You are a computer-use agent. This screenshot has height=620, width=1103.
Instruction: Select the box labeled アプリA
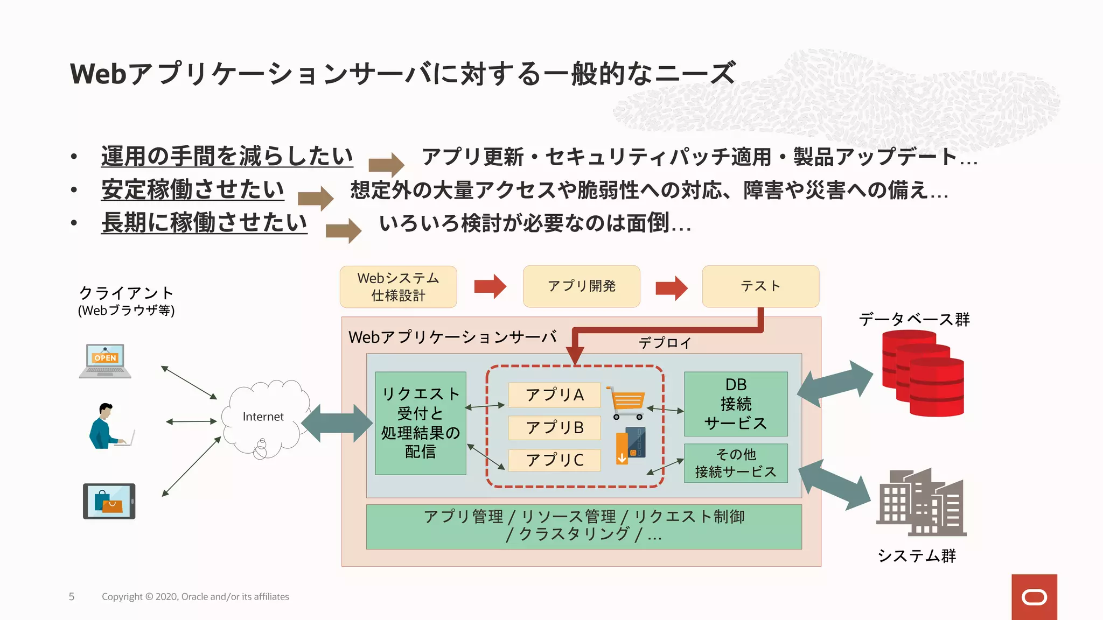[554, 395]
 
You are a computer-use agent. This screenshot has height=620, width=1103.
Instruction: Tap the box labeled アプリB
[554, 428]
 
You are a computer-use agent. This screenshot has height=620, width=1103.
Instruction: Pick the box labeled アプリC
[554, 460]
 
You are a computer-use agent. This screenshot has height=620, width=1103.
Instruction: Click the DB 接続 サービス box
[736, 404]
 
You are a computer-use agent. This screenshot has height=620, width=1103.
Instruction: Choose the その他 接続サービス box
[736, 463]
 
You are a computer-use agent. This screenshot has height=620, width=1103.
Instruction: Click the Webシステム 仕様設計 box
[398, 287]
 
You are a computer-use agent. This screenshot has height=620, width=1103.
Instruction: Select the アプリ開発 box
[581, 286]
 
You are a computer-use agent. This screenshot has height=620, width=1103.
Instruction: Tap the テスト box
[760, 286]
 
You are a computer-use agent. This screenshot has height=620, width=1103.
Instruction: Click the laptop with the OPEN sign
[105, 361]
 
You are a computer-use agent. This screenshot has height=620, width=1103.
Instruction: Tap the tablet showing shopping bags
[109, 501]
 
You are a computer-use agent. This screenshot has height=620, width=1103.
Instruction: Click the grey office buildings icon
[921, 503]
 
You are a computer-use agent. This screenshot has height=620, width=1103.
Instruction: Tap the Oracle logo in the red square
[1034, 597]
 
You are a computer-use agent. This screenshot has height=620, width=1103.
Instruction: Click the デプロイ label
[665, 343]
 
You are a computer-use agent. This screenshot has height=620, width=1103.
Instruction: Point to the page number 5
[72, 596]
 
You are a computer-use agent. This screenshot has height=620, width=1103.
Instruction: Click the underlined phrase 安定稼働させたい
[192, 189]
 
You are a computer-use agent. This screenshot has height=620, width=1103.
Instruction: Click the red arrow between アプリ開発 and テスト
[671, 287]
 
